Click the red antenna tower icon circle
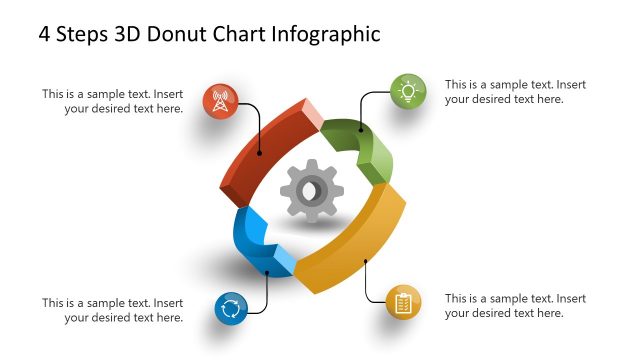click(x=220, y=101)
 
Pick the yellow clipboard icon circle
click(x=402, y=302)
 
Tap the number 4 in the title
click(x=45, y=34)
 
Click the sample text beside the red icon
click(x=113, y=101)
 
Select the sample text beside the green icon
click(x=515, y=92)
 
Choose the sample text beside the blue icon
click(x=113, y=310)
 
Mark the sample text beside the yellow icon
click(x=515, y=305)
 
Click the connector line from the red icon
click(x=259, y=125)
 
